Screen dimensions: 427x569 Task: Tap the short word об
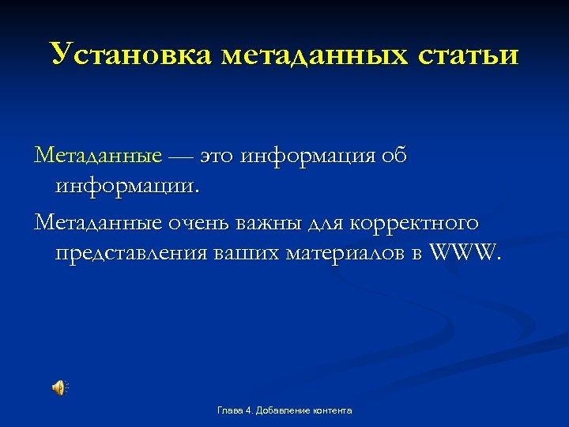394,156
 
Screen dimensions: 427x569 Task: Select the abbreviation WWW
465,255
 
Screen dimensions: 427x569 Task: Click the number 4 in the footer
247,410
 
